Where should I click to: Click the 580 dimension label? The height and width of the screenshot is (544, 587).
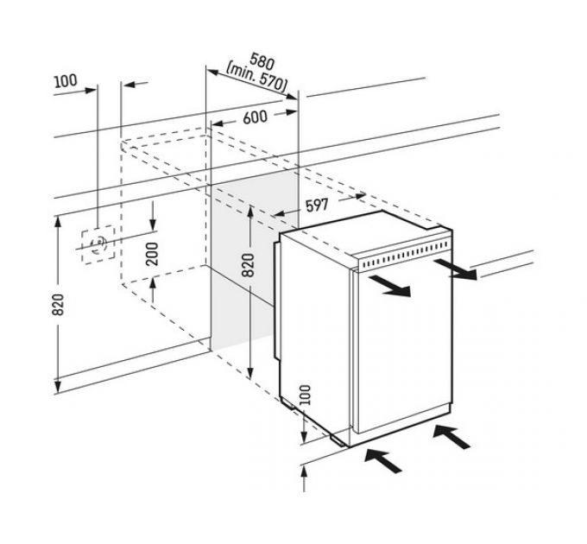point(262,61)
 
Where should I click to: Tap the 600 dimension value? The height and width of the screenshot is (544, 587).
point(255,117)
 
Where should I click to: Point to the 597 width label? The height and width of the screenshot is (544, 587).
point(317,205)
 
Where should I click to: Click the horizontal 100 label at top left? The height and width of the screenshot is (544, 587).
point(66,81)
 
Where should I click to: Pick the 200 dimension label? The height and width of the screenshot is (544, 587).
point(152,254)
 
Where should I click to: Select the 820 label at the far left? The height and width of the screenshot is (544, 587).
point(58,305)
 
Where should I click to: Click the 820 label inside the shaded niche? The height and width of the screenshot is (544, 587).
point(248,265)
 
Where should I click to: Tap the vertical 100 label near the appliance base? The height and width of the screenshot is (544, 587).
point(306,395)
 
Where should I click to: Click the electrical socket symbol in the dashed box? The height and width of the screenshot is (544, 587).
point(98,244)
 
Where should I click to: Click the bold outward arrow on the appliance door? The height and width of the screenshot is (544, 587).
point(389,286)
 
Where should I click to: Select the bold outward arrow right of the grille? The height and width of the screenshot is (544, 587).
point(456,269)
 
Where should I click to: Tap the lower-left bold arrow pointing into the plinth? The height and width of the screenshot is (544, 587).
point(383,460)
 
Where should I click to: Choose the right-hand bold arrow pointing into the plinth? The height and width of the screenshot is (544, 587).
point(451,437)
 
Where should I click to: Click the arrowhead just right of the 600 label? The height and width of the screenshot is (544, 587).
point(291,112)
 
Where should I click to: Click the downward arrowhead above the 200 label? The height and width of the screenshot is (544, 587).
point(153,225)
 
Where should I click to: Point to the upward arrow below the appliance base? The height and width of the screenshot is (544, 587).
point(304,479)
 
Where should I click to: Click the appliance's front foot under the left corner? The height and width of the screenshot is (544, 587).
point(338,440)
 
